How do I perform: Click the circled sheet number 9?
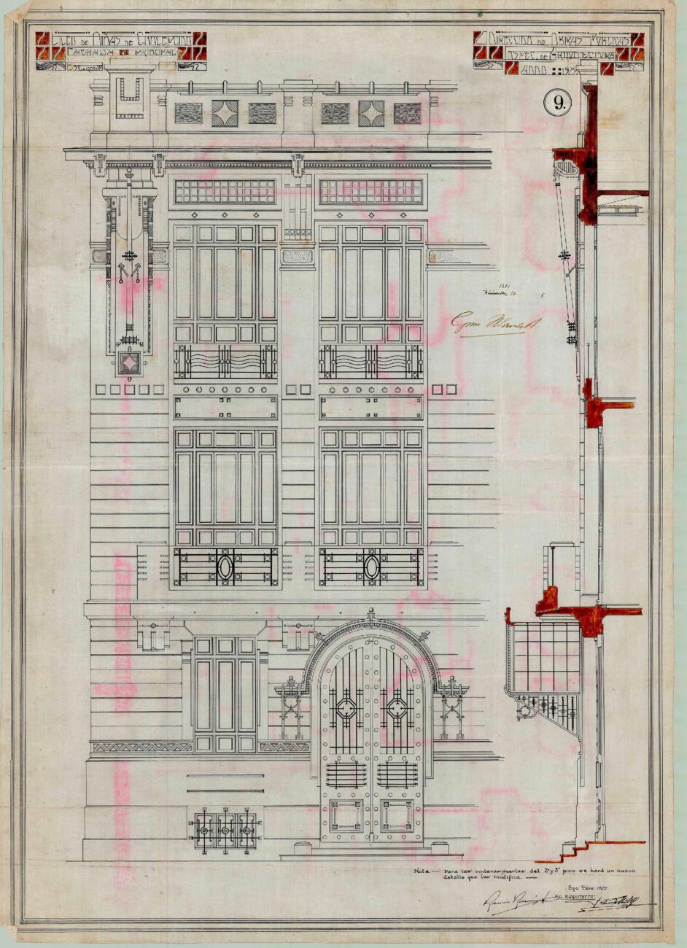(x=559, y=104)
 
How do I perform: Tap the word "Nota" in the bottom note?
(x=421, y=871)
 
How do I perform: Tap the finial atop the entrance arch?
(x=371, y=613)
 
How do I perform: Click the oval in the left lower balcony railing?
(x=225, y=567)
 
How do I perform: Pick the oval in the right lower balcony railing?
(x=371, y=567)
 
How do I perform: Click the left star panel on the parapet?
(x=225, y=113)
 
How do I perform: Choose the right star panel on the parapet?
(x=371, y=113)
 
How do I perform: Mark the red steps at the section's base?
(x=576, y=848)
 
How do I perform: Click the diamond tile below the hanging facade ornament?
(x=129, y=363)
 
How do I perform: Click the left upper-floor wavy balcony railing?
(x=225, y=361)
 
